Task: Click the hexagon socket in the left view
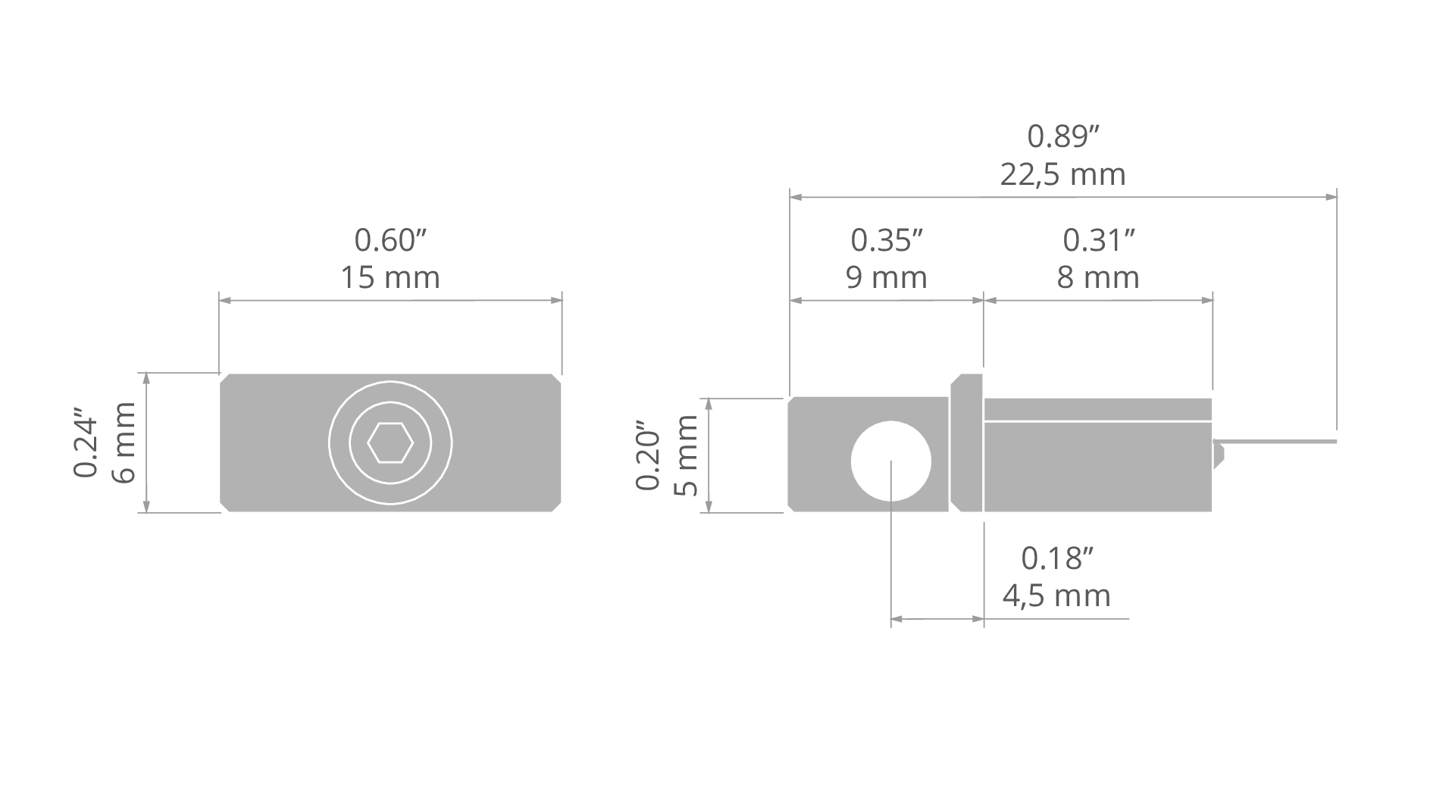(390, 442)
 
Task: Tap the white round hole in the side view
(891, 461)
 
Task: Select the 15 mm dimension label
(390, 277)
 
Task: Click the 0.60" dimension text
(391, 240)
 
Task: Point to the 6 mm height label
(123, 442)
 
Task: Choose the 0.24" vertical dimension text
(86, 446)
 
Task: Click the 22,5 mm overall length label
(1062, 175)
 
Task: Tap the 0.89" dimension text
(1063, 137)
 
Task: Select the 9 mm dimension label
(887, 277)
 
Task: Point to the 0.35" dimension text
(887, 240)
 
